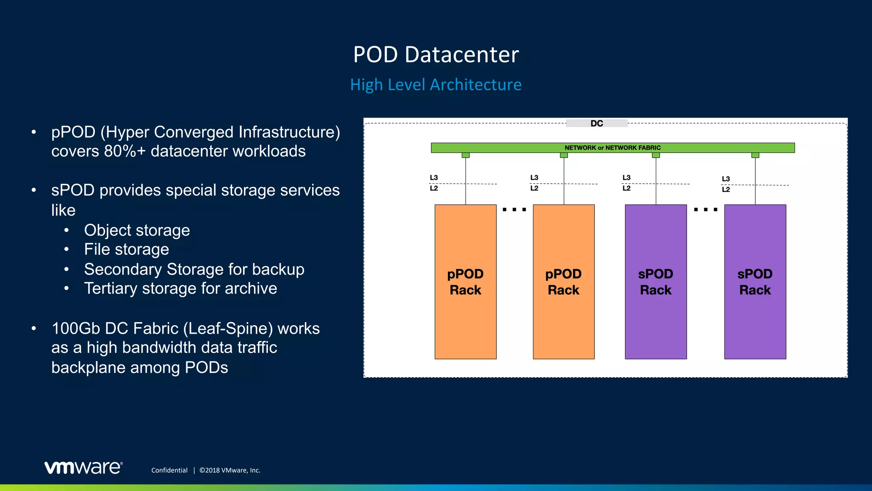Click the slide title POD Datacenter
point(436,55)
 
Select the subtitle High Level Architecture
point(436,85)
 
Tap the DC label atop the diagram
point(597,124)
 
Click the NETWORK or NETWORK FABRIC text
point(612,148)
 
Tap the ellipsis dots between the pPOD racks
point(514,210)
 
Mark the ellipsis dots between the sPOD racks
point(706,210)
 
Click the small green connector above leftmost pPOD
point(466,155)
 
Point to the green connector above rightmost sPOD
point(755,155)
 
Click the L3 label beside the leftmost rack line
point(434,178)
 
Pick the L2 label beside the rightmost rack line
point(726,190)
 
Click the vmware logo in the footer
point(83,468)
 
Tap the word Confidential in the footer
point(169,470)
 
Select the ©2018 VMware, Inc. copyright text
point(230,470)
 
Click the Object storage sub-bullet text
point(137,230)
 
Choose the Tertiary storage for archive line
point(181,289)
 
